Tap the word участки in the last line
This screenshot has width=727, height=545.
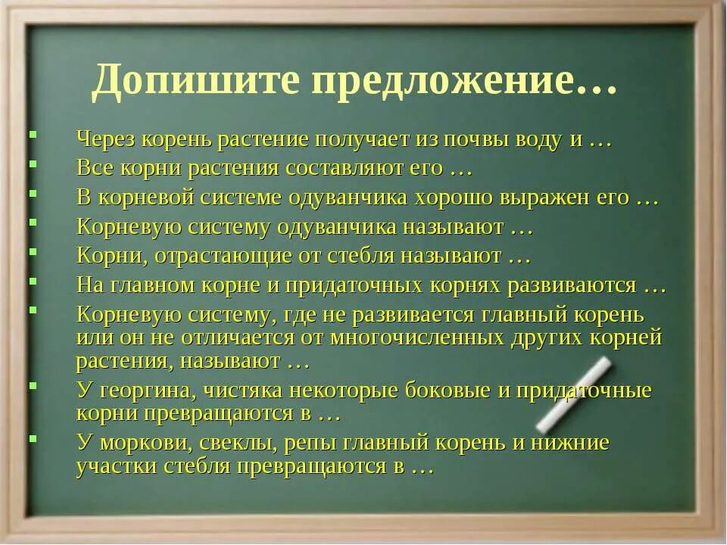[114, 467]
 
